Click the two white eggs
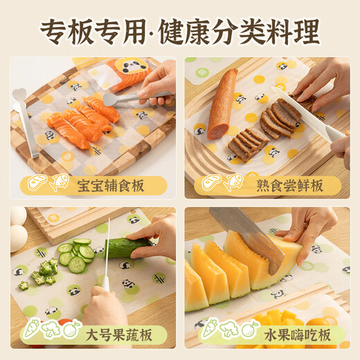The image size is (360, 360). click(18, 228)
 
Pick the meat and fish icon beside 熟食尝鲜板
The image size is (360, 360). click(221, 184)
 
